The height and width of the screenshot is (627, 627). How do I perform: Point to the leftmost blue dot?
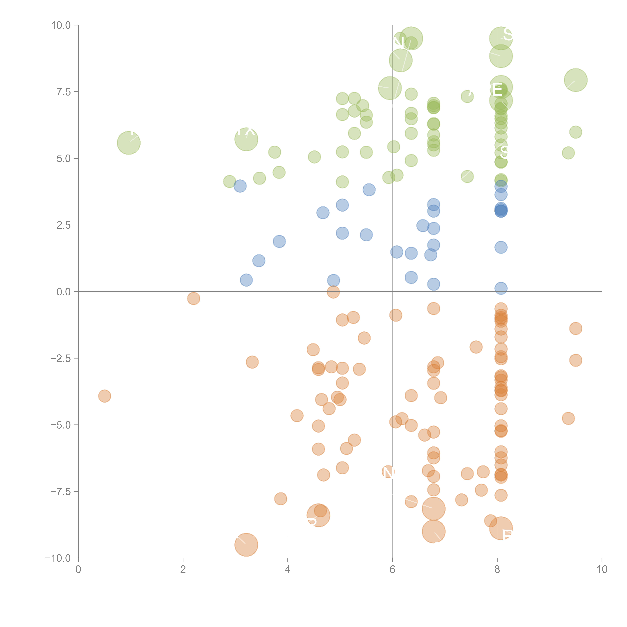(240, 186)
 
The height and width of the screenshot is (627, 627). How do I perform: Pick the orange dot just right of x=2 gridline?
(193, 298)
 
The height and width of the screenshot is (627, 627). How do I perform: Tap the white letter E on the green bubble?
(497, 90)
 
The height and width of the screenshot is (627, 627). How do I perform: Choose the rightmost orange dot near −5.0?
(568, 418)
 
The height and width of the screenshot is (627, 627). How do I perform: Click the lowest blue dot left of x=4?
(246, 280)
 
